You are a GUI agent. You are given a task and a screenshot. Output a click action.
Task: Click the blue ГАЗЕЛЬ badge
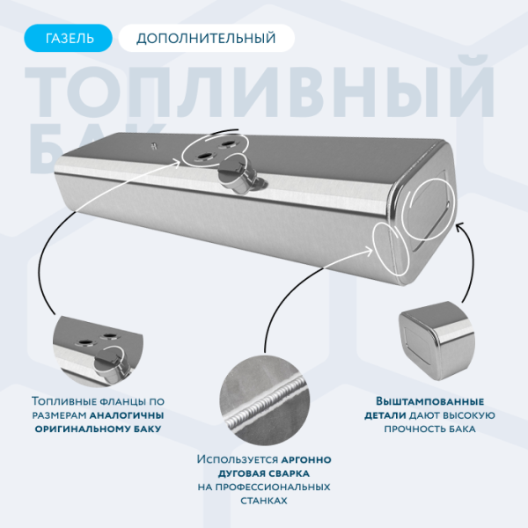tap(69, 38)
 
